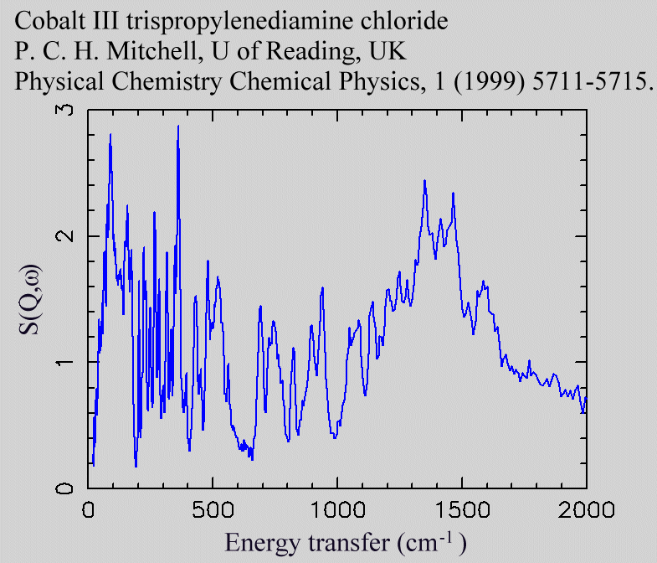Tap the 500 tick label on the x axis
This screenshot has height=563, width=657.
[x=213, y=510]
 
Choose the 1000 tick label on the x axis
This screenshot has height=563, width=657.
[x=337, y=510]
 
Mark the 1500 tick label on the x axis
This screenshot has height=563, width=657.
[x=461, y=510]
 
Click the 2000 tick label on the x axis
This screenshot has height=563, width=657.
[x=585, y=510]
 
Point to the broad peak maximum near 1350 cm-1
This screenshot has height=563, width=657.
[x=424, y=180]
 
